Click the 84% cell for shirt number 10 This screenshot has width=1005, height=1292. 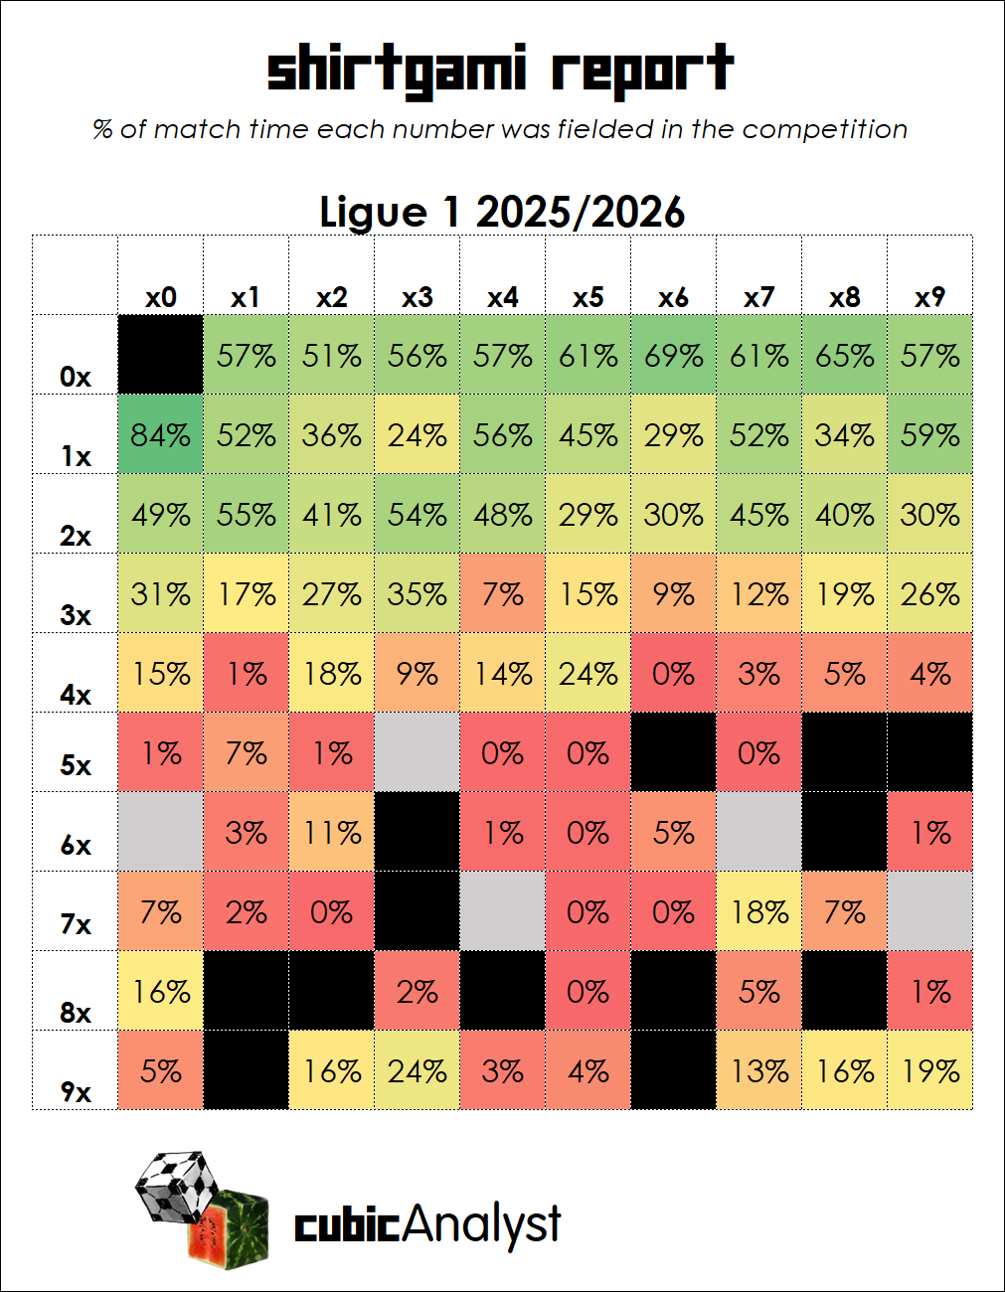[161, 434]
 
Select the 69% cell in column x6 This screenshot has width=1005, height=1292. [673, 355]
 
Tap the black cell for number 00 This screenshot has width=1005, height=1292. [161, 355]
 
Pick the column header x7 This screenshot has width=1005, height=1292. [758, 297]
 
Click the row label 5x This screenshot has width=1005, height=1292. [76, 764]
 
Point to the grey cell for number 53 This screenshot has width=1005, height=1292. [417, 751]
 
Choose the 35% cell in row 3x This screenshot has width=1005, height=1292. [417, 592]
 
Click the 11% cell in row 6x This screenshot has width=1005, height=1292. [332, 831]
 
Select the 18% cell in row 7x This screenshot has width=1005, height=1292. [758, 911]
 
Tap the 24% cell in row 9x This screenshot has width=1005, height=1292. [417, 1070]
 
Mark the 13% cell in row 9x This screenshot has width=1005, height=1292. [758, 1070]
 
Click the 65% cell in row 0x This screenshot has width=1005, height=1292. [844, 355]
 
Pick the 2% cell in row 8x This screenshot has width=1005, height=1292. [417, 991]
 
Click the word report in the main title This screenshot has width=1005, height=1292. [643, 71]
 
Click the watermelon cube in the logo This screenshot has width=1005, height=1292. [229, 1229]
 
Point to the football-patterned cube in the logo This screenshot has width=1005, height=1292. [178, 1187]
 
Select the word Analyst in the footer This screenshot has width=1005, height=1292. [481, 1224]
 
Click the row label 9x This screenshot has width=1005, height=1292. [76, 1092]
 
